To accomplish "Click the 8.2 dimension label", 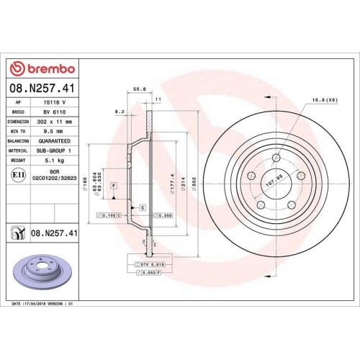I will [120, 112].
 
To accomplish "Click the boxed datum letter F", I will [113, 186].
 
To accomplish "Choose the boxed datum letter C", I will [143, 207].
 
